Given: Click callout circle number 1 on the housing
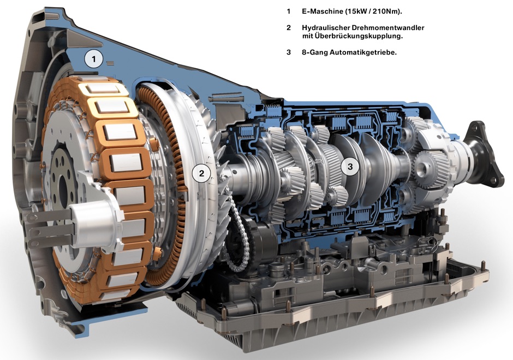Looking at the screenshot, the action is click(94, 59).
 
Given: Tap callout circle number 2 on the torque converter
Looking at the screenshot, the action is click(201, 173).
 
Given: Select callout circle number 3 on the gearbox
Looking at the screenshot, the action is click(350, 166).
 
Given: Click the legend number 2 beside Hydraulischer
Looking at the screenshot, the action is click(288, 28).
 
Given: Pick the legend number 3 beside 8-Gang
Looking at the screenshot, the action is click(288, 52).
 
